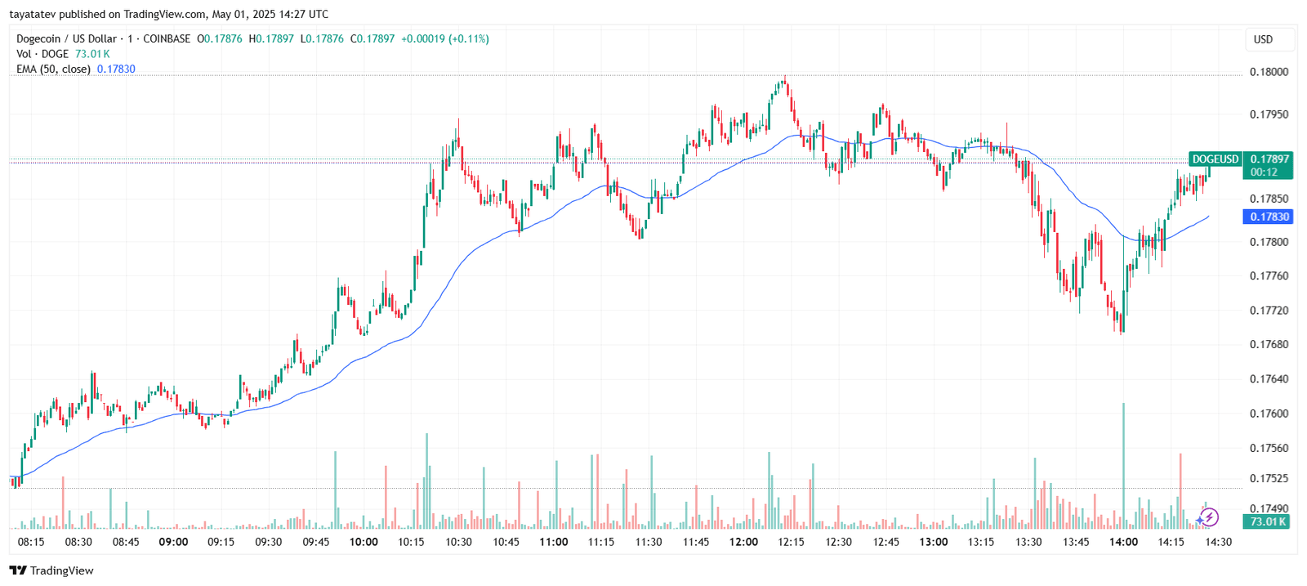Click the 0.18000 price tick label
pos(1269,72)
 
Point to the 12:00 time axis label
pos(743,542)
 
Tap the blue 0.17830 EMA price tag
pos(1269,217)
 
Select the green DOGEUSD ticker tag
pos(1215,159)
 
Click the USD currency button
pos(1263,39)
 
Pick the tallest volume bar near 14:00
pos(1123,466)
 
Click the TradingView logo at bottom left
pos(51,570)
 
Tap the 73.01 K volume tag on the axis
pos(1267,521)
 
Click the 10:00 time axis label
pos(364,542)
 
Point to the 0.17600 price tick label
pos(1269,414)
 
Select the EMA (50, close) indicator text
pos(53,69)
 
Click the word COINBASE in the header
pos(167,38)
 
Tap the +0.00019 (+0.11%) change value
pos(444,38)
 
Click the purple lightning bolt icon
pos(1208,517)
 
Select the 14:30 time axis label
pos(1218,542)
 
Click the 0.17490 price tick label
pos(1269,508)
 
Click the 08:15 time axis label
pos(31,542)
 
